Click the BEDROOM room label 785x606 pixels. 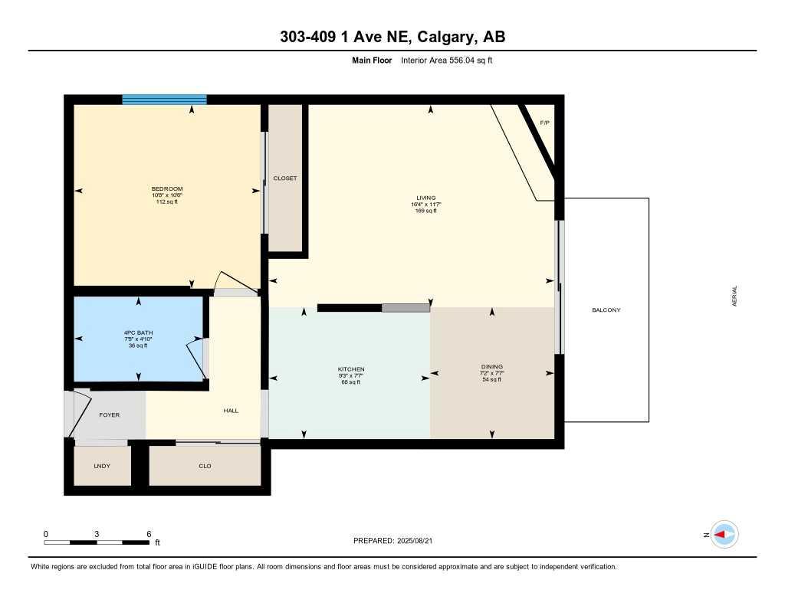(x=166, y=188)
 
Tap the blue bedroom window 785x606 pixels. (x=164, y=100)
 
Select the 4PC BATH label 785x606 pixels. (x=138, y=333)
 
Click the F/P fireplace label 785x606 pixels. (x=544, y=123)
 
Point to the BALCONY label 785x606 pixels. (x=606, y=310)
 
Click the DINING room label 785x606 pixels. (x=491, y=367)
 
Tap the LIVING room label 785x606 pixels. (x=425, y=198)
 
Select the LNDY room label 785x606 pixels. (x=101, y=466)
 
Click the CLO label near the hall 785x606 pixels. (x=205, y=466)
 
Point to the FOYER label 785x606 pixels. (x=110, y=414)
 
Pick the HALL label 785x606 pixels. (x=231, y=411)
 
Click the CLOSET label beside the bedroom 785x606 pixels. (x=285, y=179)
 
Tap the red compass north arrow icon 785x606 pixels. (x=723, y=535)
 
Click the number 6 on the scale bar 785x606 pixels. (x=149, y=534)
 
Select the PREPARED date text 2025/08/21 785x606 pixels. (x=421, y=541)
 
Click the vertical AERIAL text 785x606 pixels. (x=735, y=296)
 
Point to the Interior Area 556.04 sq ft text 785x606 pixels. (x=446, y=60)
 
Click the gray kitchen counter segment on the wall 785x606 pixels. (x=406, y=308)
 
